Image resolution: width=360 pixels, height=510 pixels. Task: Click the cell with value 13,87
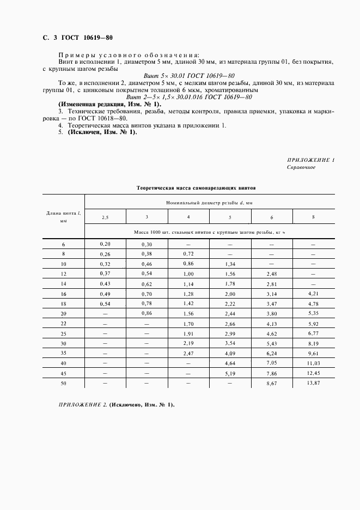[x=313, y=384]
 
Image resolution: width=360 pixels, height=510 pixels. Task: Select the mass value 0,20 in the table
[x=105, y=245]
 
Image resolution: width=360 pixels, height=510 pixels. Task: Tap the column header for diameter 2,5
[x=105, y=217]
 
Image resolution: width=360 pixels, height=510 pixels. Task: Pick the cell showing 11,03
[x=313, y=363]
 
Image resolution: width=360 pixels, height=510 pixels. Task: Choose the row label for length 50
[x=63, y=384]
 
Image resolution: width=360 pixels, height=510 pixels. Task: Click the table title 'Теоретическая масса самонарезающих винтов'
[x=196, y=187]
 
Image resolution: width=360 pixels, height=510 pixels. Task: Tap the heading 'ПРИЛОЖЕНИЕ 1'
[x=310, y=160]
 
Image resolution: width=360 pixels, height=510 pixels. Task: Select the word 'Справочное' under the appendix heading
[x=301, y=167]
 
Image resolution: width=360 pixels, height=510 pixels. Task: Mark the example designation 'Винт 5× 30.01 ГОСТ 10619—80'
[x=188, y=75]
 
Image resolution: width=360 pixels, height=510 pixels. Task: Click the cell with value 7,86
[x=271, y=374]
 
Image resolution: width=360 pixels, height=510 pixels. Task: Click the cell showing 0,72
[x=188, y=254]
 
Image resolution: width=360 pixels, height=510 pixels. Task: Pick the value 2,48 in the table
[x=271, y=274]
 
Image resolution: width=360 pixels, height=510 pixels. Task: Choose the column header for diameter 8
[x=313, y=217]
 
